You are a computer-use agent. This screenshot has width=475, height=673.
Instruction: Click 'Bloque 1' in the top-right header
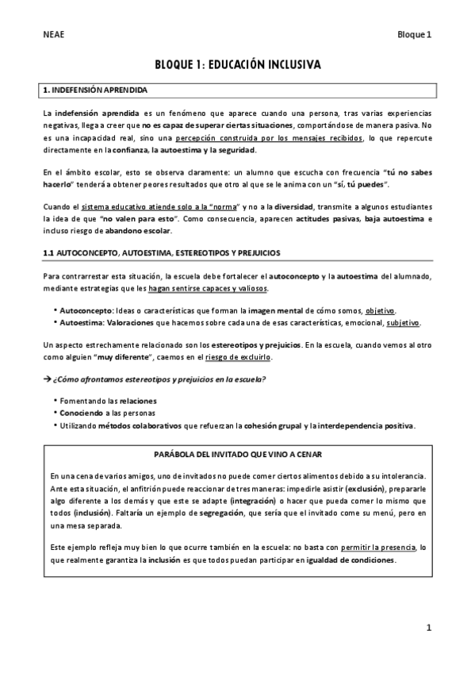(x=415, y=35)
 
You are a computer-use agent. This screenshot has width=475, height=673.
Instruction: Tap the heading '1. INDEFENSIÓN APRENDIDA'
(x=94, y=90)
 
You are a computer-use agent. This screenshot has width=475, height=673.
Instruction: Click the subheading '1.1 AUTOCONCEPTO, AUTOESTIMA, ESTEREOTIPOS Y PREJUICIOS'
(x=161, y=253)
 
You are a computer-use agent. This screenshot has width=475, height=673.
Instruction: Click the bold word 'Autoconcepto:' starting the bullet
(x=86, y=310)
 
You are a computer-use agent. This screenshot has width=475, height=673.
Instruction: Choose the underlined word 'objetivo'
(x=380, y=310)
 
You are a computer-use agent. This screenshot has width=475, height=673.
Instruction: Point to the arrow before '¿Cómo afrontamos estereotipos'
(x=47, y=379)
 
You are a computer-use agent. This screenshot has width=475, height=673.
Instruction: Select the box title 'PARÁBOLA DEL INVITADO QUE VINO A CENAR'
(x=237, y=454)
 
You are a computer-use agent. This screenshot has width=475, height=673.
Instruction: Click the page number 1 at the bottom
(x=428, y=629)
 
